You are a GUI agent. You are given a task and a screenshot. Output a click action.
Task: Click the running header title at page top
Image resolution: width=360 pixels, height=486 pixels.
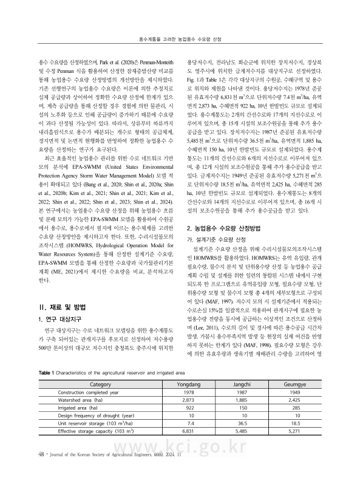click(180, 38)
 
